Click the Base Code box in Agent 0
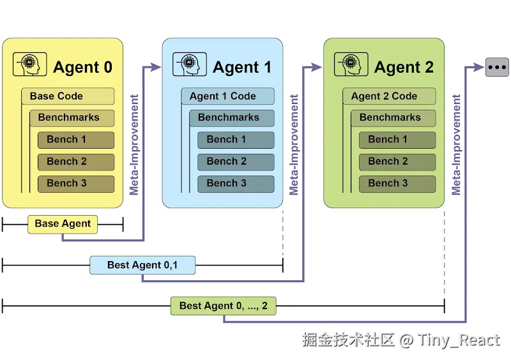68,96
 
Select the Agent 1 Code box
227,96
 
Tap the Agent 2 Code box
389,96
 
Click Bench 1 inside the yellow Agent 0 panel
76,140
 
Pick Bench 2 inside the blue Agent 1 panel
236,161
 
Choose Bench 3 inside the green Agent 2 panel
397,183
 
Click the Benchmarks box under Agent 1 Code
231,118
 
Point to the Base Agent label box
63,224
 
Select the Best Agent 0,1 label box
142,265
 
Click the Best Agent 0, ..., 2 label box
224,306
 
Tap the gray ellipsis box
497,66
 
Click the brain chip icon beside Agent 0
29,65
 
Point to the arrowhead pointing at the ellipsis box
478,66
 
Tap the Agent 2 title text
404,67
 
